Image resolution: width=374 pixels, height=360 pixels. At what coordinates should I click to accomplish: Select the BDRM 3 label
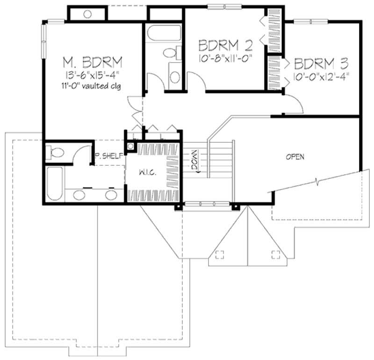(323, 63)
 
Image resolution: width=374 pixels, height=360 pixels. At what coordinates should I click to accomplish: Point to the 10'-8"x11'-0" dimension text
(226, 60)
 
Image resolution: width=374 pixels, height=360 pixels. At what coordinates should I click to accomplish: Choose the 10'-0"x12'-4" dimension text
(322, 76)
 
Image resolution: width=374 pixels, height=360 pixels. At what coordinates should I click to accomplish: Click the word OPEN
(295, 157)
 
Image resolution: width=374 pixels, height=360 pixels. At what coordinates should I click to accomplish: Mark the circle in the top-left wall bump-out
(87, 14)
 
